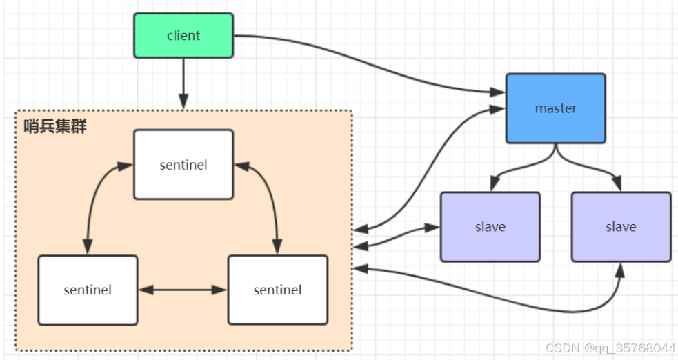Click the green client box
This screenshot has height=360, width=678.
tap(183, 35)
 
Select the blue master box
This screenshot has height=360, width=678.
tap(555, 109)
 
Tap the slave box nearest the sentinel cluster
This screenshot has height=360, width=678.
tap(490, 227)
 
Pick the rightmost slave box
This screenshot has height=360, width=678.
tap(621, 227)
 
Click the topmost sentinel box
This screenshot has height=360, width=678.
tap(183, 165)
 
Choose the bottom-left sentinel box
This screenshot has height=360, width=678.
tap(88, 290)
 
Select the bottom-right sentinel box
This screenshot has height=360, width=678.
tap(277, 290)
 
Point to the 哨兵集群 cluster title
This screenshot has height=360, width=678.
tap(55, 126)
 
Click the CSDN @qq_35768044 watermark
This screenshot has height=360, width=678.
tap(610, 348)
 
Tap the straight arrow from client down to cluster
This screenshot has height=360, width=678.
tap(183, 83)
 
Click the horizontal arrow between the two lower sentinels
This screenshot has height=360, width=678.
tap(183, 290)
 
